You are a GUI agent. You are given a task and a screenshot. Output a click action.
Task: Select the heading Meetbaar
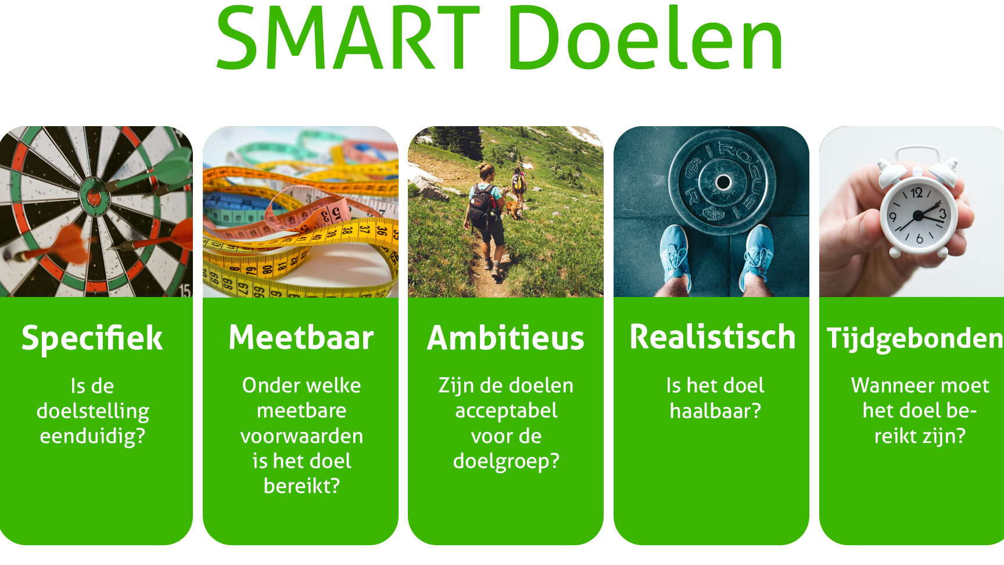click(301, 338)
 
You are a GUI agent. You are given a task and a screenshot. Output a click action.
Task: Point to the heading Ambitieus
click(505, 338)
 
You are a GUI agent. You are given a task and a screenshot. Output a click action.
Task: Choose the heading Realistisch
click(712, 338)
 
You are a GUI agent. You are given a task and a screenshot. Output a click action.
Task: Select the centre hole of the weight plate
click(723, 182)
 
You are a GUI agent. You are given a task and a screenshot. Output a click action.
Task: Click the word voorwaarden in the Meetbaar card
click(302, 437)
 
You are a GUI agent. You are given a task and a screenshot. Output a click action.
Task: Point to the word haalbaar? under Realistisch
click(715, 411)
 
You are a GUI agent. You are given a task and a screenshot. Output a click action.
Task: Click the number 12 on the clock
click(916, 192)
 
